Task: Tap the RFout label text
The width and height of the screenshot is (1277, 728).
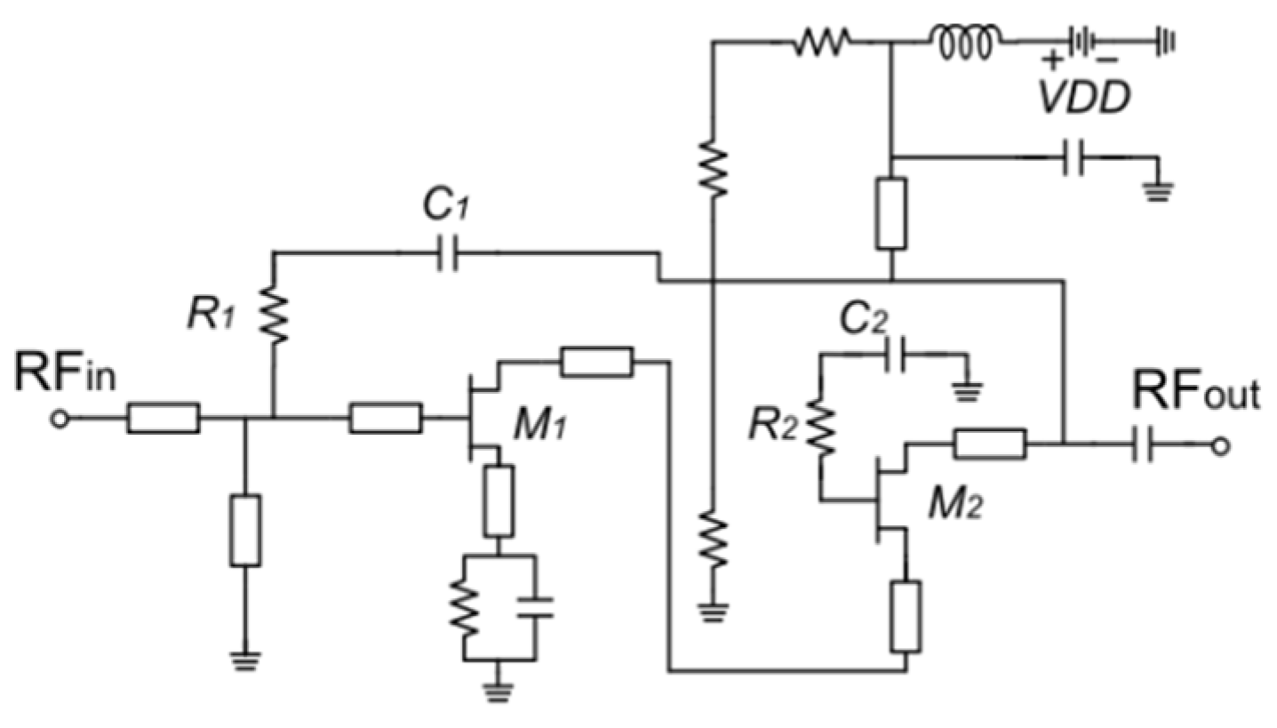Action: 1195,392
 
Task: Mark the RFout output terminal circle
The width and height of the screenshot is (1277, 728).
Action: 1221,446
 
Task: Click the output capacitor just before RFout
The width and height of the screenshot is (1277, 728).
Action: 1142,446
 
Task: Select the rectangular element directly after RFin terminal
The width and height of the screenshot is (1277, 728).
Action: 163,418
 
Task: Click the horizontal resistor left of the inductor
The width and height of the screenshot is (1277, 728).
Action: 822,40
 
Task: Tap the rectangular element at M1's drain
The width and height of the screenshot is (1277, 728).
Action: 596,361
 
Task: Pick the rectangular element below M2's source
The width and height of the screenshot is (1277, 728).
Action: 906,616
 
